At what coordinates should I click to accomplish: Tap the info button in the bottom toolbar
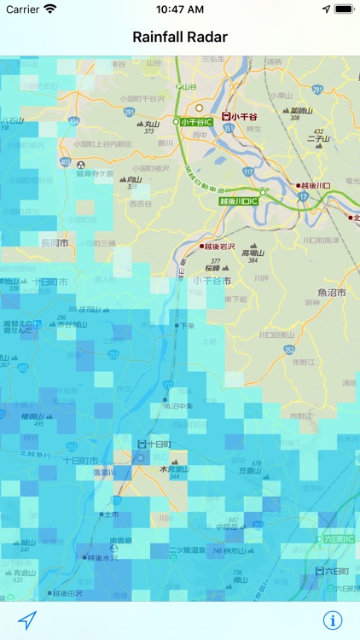click(x=332, y=620)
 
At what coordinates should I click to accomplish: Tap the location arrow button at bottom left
click(x=27, y=620)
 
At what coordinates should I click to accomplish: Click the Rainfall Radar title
click(x=180, y=37)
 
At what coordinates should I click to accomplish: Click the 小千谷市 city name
click(x=212, y=280)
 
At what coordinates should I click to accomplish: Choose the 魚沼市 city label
click(x=332, y=292)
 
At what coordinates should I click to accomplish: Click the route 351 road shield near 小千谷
click(x=228, y=129)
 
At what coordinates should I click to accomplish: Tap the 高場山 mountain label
click(x=255, y=253)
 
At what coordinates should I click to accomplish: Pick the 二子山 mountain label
click(x=318, y=138)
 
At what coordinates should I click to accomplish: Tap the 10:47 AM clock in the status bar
click(x=179, y=9)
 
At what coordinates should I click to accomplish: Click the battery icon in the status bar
click(x=343, y=9)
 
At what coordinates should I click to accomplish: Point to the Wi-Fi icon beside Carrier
click(x=50, y=9)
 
